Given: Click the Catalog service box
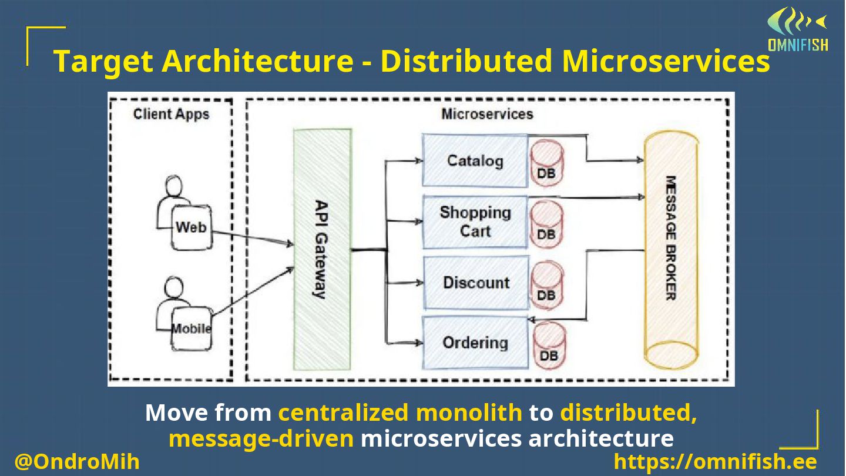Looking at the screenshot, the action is point(475,160).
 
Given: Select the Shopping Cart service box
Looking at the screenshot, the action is point(475,222).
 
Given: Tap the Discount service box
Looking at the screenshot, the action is point(476,283).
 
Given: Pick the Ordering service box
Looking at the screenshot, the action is point(475,343).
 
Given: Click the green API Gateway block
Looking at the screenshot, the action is point(323,249).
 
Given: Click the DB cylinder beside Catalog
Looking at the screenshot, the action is point(546,163).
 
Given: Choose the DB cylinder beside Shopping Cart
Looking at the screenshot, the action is point(546,224).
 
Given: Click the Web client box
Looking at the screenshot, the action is point(192,227).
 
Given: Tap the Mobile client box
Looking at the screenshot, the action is point(192,328).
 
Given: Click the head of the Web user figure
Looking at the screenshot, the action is point(174,186).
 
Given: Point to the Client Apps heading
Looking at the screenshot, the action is point(171,114).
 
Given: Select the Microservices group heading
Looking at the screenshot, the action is point(487,114).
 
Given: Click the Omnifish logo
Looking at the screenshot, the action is point(798,29).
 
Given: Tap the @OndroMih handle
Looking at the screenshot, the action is point(77,462).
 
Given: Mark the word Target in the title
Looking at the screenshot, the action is point(103,61).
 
